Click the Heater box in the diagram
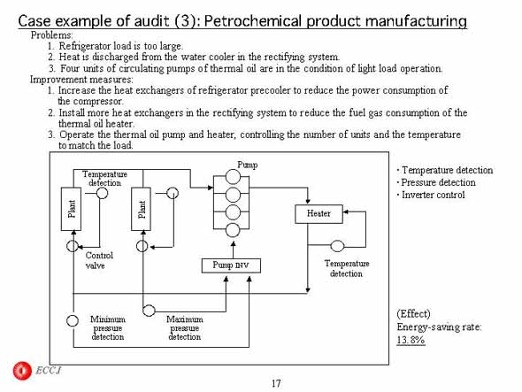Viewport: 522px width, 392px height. [x=319, y=214]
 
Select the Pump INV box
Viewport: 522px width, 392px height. [x=231, y=265]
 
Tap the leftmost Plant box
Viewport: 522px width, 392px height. [x=71, y=209]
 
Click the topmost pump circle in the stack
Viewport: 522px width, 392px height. [x=233, y=176]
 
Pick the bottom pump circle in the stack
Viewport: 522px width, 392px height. [x=233, y=230]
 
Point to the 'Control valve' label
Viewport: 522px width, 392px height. [x=99, y=260]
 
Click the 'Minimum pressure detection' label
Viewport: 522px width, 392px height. [x=108, y=328]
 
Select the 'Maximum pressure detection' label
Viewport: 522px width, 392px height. [x=185, y=328]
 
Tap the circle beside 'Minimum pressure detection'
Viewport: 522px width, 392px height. [x=73, y=320]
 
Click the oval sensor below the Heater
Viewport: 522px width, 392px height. [x=337, y=246]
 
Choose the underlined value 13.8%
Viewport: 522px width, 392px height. [x=411, y=340]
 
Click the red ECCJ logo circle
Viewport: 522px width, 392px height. [x=22, y=371]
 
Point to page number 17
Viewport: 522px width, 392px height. [x=276, y=384]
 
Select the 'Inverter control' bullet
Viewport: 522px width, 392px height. [x=431, y=195]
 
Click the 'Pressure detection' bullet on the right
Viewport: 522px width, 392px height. [x=436, y=182]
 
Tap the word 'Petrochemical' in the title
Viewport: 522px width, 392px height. [x=253, y=21]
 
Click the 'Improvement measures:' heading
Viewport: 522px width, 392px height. [x=81, y=80]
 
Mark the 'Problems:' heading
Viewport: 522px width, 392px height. [x=51, y=35]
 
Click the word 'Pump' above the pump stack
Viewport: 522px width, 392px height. [x=248, y=165]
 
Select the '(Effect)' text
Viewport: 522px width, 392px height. [x=413, y=314]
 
